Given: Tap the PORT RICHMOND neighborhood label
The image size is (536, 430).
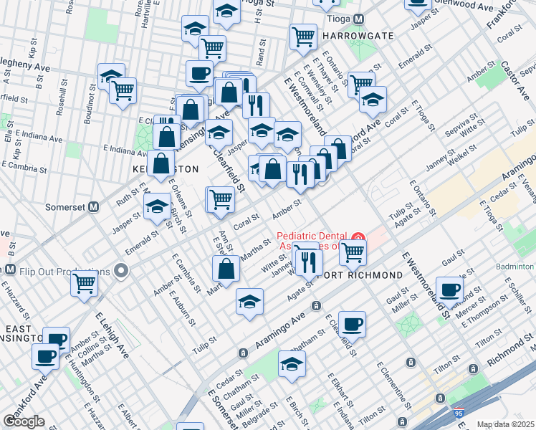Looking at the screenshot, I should (350, 275).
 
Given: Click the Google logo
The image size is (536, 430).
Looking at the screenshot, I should (24, 421).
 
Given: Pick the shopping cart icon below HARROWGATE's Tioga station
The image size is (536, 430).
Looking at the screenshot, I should (303, 36).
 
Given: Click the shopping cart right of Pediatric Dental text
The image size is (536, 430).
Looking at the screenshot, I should (352, 252).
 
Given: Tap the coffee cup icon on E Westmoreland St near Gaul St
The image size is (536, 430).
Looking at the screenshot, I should (450, 290).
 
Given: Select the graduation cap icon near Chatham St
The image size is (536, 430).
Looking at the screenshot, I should (292, 365).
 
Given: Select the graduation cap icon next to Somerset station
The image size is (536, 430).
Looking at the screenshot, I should (157, 208).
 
